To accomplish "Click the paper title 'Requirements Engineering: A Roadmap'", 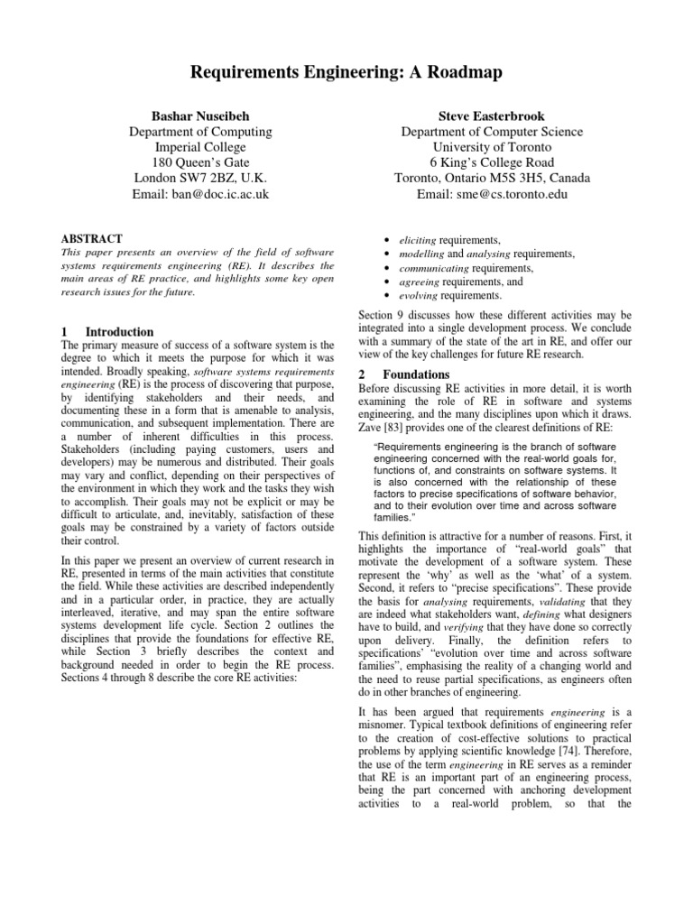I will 346,73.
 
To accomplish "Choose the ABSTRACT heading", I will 91,238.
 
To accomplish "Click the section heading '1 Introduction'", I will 106,331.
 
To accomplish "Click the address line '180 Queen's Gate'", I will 199,162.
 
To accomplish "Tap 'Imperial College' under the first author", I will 199,147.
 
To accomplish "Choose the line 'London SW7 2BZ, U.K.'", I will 199,178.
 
